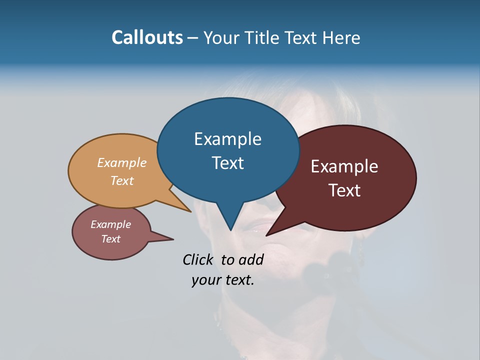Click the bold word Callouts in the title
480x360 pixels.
[x=147, y=37]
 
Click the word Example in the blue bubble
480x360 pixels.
[x=227, y=139]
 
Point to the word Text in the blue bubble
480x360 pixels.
[x=227, y=163]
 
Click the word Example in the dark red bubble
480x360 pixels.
[x=344, y=166]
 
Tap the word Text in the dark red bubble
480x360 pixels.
[x=344, y=190]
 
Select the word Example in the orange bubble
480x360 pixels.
[x=122, y=163]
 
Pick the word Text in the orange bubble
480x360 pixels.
[x=122, y=180]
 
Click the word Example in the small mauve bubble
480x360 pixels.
[x=110, y=224]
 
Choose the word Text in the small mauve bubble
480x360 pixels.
[x=110, y=239]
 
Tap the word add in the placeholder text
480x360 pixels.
[x=250, y=260]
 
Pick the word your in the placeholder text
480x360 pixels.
[x=204, y=280]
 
